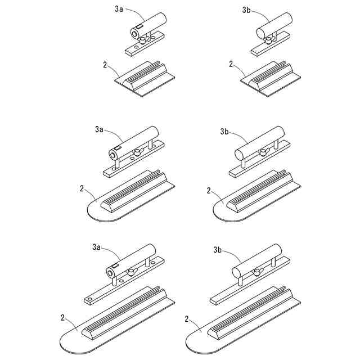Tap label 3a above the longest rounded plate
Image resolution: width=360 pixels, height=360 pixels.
pyautogui.click(x=96, y=246)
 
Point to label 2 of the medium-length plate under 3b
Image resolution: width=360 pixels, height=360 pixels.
pyautogui.click(x=209, y=191)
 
